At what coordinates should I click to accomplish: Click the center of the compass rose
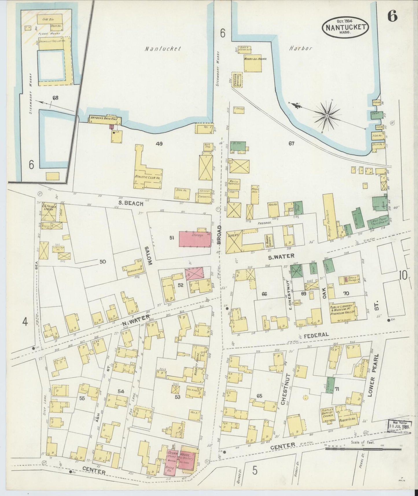coord(327,115)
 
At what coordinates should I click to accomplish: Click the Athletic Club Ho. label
coord(148,177)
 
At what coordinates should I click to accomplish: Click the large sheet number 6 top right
coord(392,17)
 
